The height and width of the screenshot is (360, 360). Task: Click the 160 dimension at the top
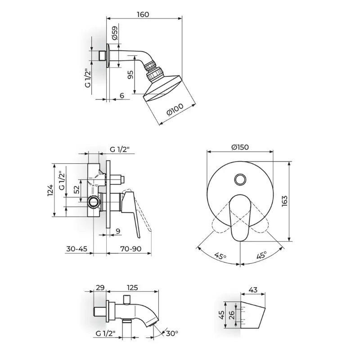pyautogui.click(x=143, y=14)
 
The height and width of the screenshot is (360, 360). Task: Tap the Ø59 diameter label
pyautogui.click(x=115, y=32)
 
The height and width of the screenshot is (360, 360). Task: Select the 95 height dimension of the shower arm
pyautogui.click(x=130, y=75)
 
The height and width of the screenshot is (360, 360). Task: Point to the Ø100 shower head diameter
pyautogui.click(x=175, y=110)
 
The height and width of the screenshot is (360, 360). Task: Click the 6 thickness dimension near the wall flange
pyautogui.click(x=122, y=95)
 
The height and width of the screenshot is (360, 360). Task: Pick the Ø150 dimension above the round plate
pyautogui.click(x=240, y=147)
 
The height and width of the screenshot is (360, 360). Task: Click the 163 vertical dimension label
pyautogui.click(x=284, y=201)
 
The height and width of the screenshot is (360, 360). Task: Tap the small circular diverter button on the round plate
pyautogui.click(x=240, y=179)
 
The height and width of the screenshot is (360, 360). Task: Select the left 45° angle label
pyautogui.click(x=220, y=256)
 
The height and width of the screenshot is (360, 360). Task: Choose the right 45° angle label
pyautogui.click(x=261, y=255)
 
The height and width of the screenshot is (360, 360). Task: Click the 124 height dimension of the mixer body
pyautogui.click(x=50, y=190)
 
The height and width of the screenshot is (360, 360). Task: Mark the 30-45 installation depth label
pyautogui.click(x=76, y=249)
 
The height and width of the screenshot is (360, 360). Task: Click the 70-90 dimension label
pyautogui.click(x=130, y=249)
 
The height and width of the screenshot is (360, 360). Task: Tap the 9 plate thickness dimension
pyautogui.click(x=118, y=231)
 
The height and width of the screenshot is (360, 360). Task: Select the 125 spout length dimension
pyautogui.click(x=132, y=288)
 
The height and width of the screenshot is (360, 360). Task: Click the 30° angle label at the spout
pyautogui.click(x=172, y=333)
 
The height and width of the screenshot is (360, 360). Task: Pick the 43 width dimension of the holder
pyautogui.click(x=253, y=290)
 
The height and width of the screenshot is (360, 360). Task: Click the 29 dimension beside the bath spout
pyautogui.click(x=100, y=288)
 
